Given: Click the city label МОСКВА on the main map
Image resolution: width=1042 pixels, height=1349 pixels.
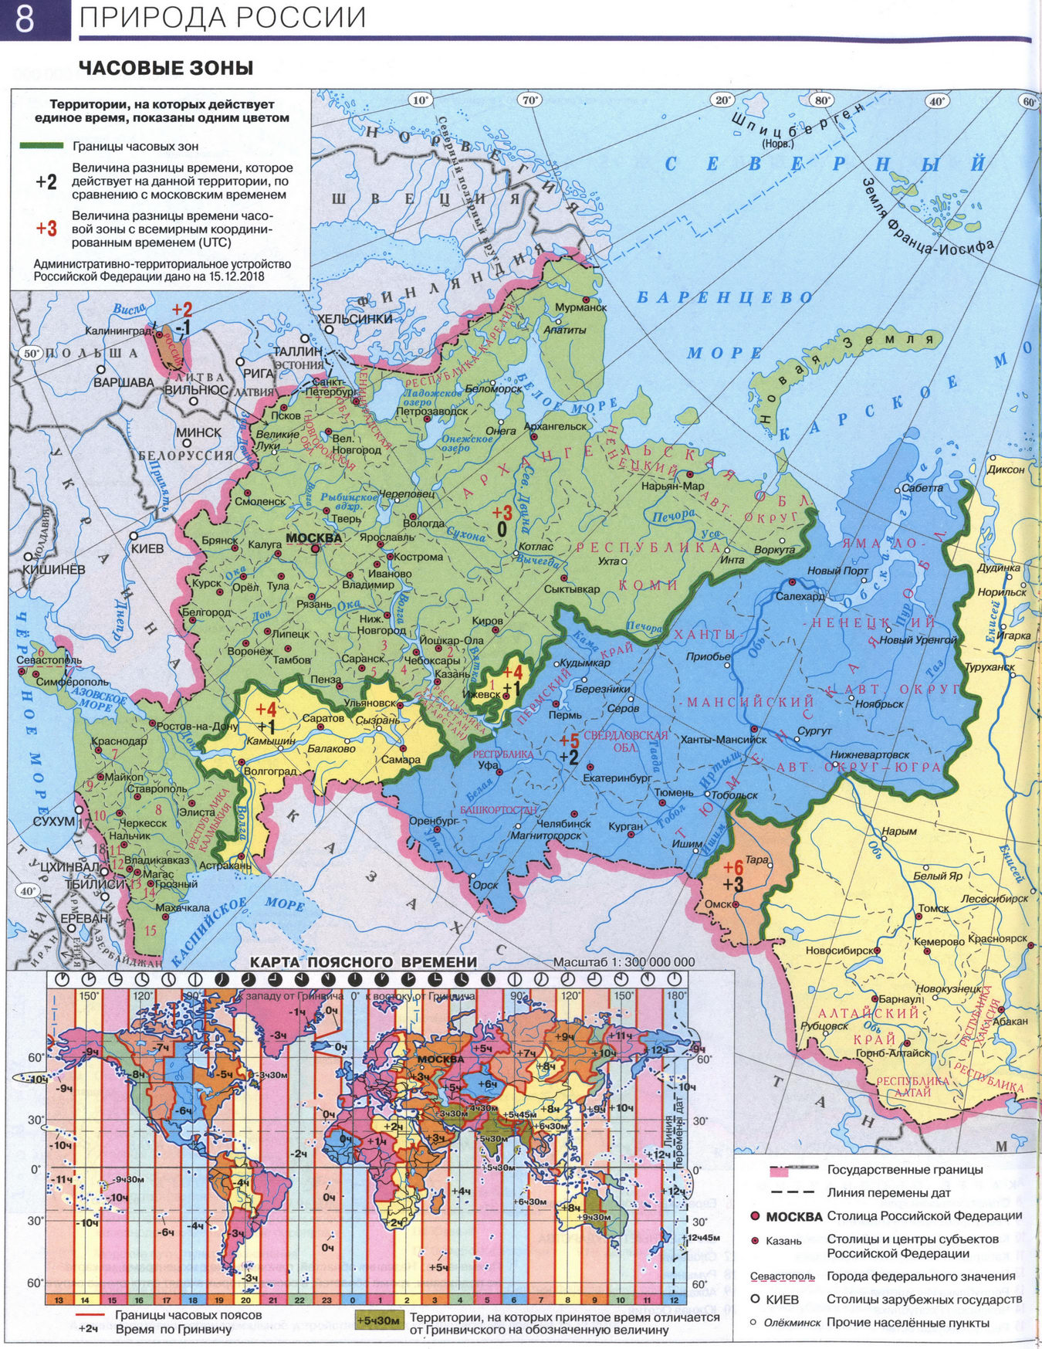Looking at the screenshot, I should pyautogui.click(x=313, y=538).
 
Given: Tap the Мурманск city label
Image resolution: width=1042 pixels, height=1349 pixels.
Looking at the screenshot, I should pyautogui.click(x=580, y=307).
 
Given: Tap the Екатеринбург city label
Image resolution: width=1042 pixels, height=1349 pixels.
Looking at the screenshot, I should pyautogui.click(x=618, y=778).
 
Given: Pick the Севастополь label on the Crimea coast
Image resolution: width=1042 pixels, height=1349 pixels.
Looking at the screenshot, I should pyautogui.click(x=49, y=660).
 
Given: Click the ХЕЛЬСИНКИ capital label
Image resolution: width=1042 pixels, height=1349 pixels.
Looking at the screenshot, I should pyautogui.click(x=355, y=318).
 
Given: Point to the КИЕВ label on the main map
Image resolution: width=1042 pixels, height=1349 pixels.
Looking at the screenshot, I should pyautogui.click(x=147, y=548).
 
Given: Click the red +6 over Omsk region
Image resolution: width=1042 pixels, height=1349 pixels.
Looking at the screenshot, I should pyautogui.click(x=732, y=866).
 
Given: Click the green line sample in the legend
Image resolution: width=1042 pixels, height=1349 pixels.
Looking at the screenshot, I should pyautogui.click(x=41, y=145).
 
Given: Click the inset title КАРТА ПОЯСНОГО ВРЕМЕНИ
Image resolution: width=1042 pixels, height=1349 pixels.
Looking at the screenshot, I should pyautogui.click(x=363, y=961).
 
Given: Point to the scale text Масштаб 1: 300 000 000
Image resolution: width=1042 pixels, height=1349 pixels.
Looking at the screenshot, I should pyautogui.click(x=624, y=962).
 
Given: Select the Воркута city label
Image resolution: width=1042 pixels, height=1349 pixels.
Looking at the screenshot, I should pyautogui.click(x=774, y=550).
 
